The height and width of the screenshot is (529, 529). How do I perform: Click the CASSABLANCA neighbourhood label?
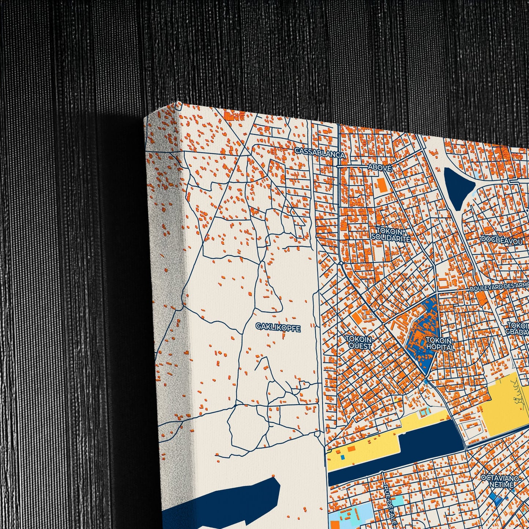320,152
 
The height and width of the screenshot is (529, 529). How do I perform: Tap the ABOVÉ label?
379,167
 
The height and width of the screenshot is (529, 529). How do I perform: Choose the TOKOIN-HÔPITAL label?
440,344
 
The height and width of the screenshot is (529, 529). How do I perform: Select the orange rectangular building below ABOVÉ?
382,186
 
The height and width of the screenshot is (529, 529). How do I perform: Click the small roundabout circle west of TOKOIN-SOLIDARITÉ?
341,263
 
